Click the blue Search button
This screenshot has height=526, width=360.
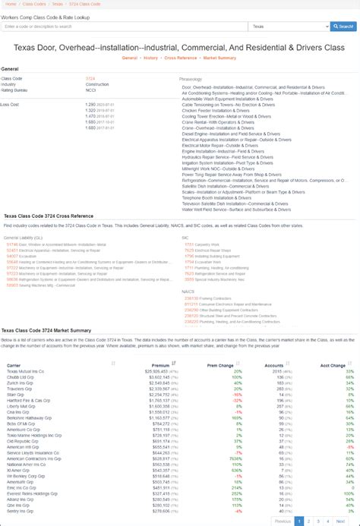coord(343,27)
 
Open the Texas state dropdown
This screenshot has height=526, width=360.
coord(288,27)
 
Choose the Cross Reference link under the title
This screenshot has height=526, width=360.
coord(182,57)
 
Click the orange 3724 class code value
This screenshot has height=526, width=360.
coord(90,77)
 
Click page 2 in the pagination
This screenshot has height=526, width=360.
coord(311,521)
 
